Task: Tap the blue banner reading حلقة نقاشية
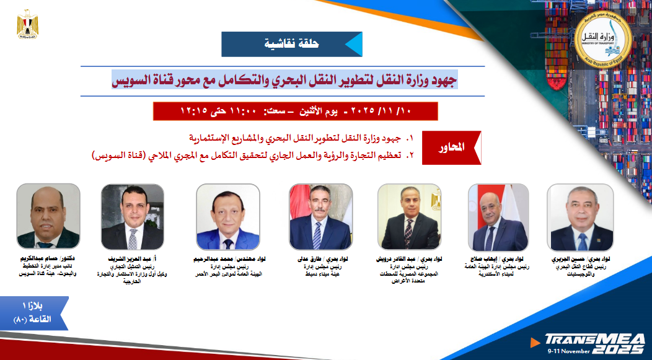(291, 44)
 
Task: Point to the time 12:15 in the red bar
(193, 111)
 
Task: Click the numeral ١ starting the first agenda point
(408, 138)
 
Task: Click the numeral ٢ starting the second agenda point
(408, 155)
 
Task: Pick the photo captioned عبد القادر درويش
(409, 217)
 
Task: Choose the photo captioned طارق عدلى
(320, 217)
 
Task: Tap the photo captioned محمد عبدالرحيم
(227, 217)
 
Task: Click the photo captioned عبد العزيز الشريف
(133, 217)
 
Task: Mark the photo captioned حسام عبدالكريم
(48, 217)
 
